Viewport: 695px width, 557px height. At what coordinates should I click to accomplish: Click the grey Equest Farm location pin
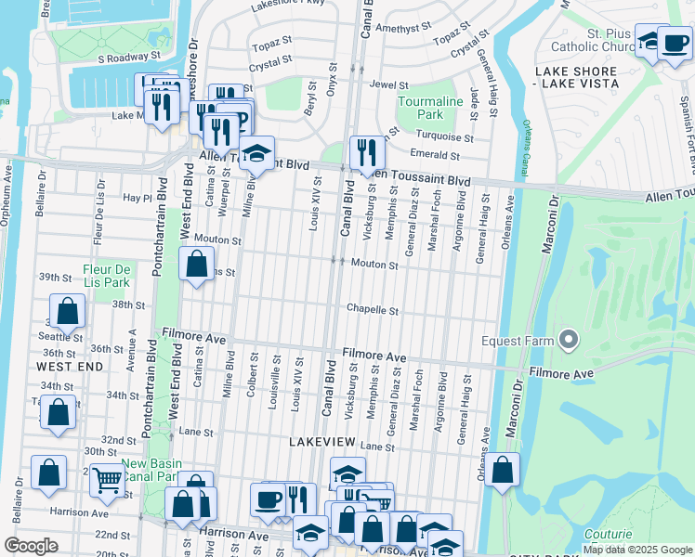click(568, 341)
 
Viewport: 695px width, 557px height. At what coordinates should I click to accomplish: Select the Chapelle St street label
click(373, 310)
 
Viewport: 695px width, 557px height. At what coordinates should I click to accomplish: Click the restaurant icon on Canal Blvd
click(367, 151)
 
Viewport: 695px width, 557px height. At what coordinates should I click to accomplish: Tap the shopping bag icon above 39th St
click(197, 264)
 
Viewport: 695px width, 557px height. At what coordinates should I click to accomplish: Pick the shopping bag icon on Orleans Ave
click(502, 470)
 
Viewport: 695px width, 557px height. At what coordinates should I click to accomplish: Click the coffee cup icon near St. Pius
click(674, 43)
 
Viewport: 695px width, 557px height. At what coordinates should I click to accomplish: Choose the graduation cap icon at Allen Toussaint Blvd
click(256, 152)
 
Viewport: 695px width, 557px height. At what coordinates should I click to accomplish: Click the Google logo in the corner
click(31, 546)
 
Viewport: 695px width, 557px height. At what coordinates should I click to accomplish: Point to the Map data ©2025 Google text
click(636, 550)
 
